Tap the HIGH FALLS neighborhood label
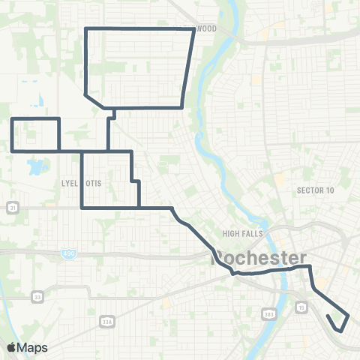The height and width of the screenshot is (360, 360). (x=241, y=233)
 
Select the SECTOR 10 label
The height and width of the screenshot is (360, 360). (x=315, y=190)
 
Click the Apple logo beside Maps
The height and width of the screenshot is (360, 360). (x=11, y=347)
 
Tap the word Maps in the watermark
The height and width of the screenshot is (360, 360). (x=33, y=347)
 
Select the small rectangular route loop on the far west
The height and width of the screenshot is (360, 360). (x=35, y=134)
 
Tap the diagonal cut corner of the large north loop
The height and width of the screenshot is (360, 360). (x=95, y=102)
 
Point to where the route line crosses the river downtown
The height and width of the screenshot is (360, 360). (x=286, y=270)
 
